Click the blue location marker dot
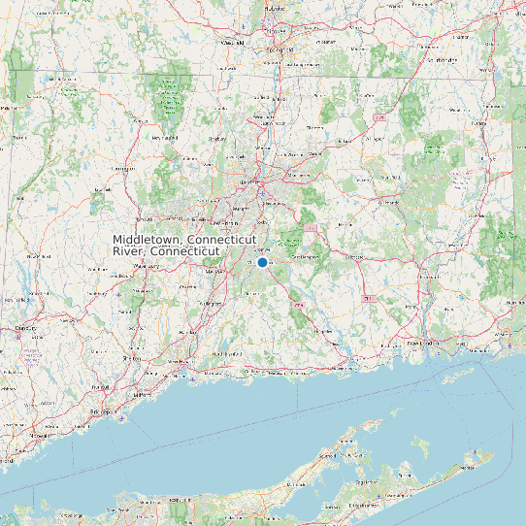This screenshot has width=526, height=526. pyautogui.click(x=262, y=262)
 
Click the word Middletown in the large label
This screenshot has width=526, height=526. pyautogui.click(x=148, y=239)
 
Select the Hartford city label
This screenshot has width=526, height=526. pyautogui.click(x=251, y=181)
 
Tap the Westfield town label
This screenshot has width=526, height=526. pyautogui.click(x=232, y=43)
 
